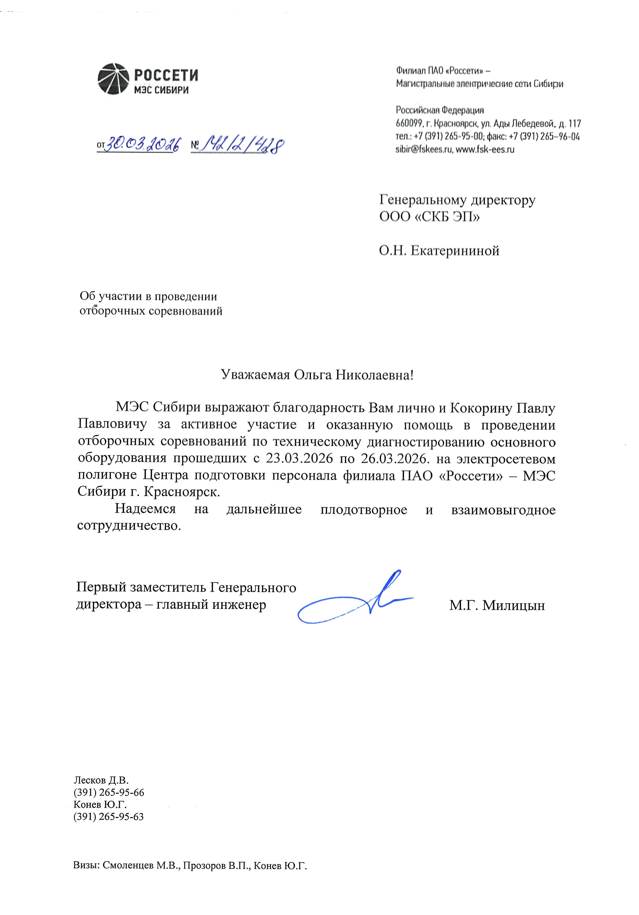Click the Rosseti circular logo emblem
pyautogui.click(x=113, y=79)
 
